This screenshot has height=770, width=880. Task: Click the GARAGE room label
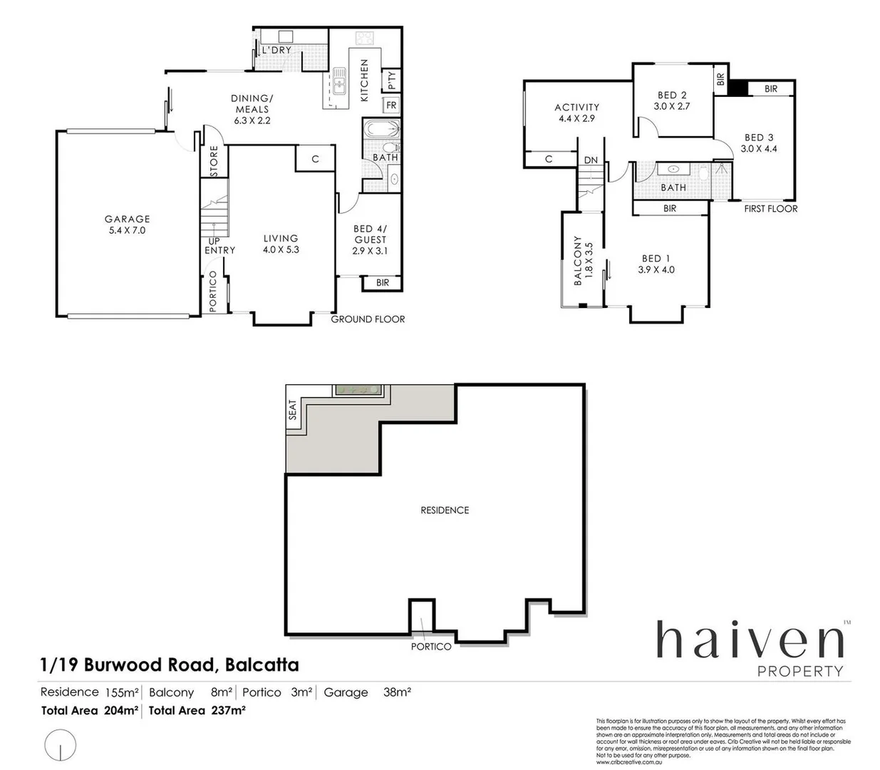[x=128, y=220]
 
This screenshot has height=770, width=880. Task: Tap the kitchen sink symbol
[x=339, y=81]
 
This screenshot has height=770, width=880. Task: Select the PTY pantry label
[x=391, y=81]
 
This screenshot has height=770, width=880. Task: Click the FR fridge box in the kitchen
[x=391, y=106]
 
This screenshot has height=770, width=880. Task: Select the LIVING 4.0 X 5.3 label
[x=281, y=244]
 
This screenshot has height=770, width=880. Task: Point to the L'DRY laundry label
[x=276, y=50]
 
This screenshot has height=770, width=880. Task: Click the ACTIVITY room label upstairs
[x=577, y=108]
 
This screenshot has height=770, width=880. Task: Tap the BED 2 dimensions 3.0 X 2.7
[x=672, y=106]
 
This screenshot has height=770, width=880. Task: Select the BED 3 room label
[x=759, y=138]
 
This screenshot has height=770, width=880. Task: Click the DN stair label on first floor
[x=591, y=160]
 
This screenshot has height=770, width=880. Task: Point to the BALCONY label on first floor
[x=578, y=261]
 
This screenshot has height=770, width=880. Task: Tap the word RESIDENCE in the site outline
[x=445, y=510]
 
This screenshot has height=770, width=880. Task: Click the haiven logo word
[x=750, y=640]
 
